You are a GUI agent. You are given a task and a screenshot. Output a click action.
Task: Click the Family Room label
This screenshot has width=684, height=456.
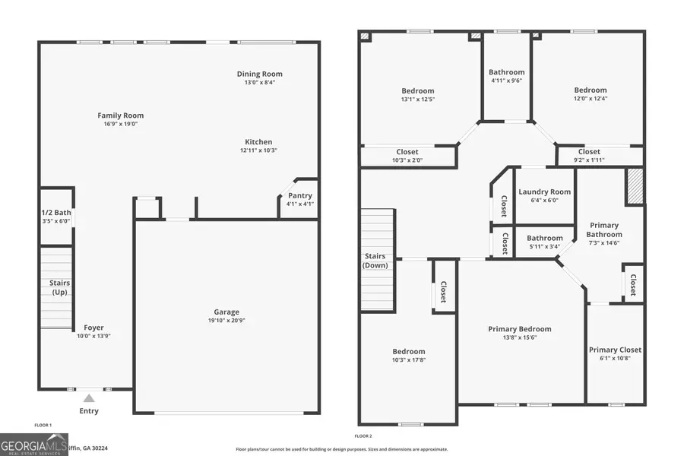(x=120, y=116)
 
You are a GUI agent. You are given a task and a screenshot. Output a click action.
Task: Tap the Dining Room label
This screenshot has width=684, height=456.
(x=259, y=74)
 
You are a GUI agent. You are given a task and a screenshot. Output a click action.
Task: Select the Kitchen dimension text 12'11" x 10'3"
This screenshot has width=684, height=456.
(x=258, y=150)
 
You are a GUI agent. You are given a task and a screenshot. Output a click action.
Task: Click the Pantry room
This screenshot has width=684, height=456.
(x=299, y=200)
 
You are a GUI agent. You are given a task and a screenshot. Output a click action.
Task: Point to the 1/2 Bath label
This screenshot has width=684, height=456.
(x=55, y=213)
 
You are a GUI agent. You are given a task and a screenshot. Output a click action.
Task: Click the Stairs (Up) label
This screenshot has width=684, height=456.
(x=55, y=287)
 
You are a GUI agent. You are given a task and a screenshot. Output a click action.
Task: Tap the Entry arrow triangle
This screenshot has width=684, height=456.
(x=89, y=397)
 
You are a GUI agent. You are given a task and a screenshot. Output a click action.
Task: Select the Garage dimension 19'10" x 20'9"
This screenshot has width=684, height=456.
(x=226, y=321)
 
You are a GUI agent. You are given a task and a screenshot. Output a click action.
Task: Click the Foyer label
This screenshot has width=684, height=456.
(x=93, y=328)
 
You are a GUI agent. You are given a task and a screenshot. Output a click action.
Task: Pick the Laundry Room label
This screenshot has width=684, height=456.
(x=544, y=192)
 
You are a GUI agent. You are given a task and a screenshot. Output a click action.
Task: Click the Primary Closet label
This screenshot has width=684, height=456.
(x=615, y=350)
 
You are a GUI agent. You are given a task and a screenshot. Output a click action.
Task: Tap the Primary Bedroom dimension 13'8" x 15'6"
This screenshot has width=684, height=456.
(x=519, y=337)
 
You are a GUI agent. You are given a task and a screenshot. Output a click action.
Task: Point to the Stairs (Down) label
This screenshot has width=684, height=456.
(x=375, y=261)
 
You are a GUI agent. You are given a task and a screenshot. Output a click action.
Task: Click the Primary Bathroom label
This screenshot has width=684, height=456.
(x=603, y=230)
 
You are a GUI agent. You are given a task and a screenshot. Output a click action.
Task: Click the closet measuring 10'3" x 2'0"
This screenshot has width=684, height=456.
(x=407, y=155)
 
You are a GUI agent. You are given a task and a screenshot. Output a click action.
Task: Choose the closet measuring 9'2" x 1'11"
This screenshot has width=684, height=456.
(x=588, y=155)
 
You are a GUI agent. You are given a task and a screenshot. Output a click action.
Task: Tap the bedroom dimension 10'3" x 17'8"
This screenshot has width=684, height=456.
(x=408, y=360)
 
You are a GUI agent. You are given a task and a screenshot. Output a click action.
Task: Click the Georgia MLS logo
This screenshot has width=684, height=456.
(x=34, y=444)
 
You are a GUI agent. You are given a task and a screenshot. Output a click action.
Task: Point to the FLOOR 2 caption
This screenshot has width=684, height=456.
(x=363, y=436)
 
